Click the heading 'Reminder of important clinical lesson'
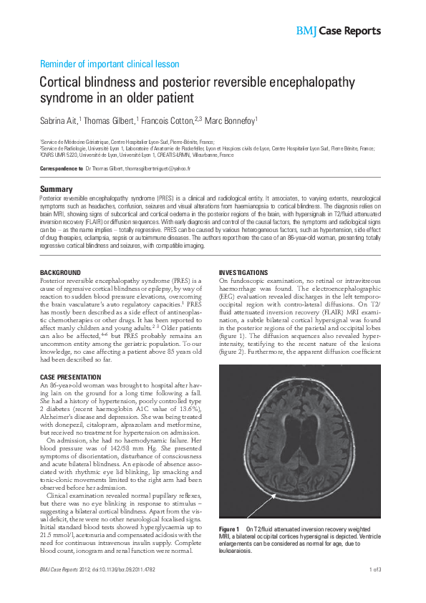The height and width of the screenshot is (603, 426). click(109, 64)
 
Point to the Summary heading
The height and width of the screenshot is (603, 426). click(56, 189)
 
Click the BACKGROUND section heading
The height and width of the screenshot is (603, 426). click(60, 274)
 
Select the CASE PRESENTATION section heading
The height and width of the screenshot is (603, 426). click(69, 377)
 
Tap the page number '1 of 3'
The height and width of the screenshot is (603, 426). click(377, 589)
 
